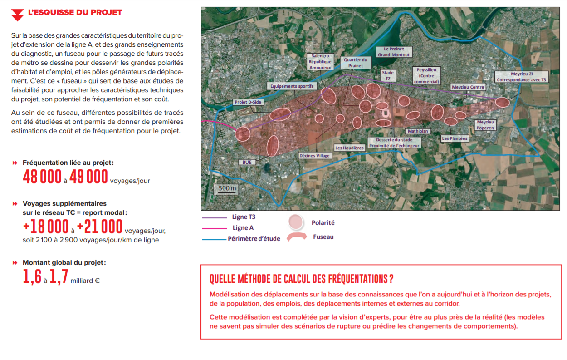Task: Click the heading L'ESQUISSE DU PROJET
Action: click(x=75, y=12)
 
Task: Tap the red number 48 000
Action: click(x=42, y=177)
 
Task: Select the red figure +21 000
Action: click(x=99, y=226)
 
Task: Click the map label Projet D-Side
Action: click(x=248, y=102)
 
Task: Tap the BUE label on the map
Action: click(x=247, y=162)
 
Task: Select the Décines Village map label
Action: click(x=315, y=156)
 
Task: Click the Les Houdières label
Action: click(x=349, y=148)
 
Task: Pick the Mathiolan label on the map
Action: click(x=418, y=131)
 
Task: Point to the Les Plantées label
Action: click(x=455, y=138)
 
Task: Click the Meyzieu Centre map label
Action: click(x=468, y=87)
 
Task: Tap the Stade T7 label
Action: click(x=388, y=75)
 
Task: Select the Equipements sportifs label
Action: click(x=292, y=86)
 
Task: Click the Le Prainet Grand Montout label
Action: click(x=394, y=52)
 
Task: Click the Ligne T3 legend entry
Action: click(x=243, y=217)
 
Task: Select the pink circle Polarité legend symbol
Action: click(x=296, y=222)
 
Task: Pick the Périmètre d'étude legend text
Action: click(x=254, y=238)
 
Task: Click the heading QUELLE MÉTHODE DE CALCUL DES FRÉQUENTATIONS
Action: click(x=301, y=278)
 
